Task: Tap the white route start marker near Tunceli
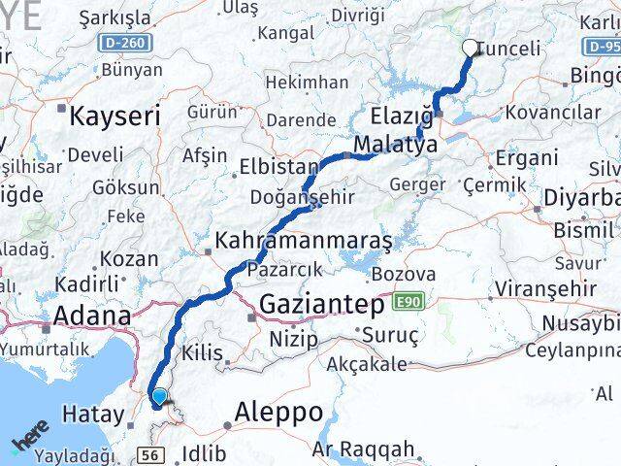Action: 471,47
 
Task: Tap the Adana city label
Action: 92,316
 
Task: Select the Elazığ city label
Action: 402,117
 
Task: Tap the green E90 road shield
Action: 409,304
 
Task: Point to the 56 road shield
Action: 149,454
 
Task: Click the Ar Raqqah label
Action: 364,449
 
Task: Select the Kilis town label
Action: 202,353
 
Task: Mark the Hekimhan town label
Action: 300,83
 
